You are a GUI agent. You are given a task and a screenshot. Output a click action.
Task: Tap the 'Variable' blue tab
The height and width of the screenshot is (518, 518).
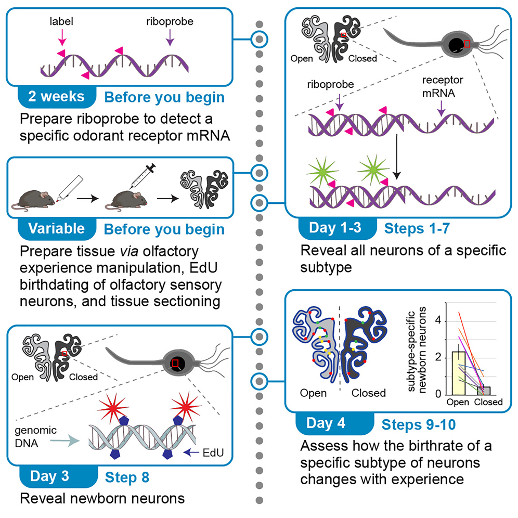[x=56, y=228]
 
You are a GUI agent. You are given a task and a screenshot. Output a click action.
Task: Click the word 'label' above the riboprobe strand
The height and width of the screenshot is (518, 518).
[x=61, y=23]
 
